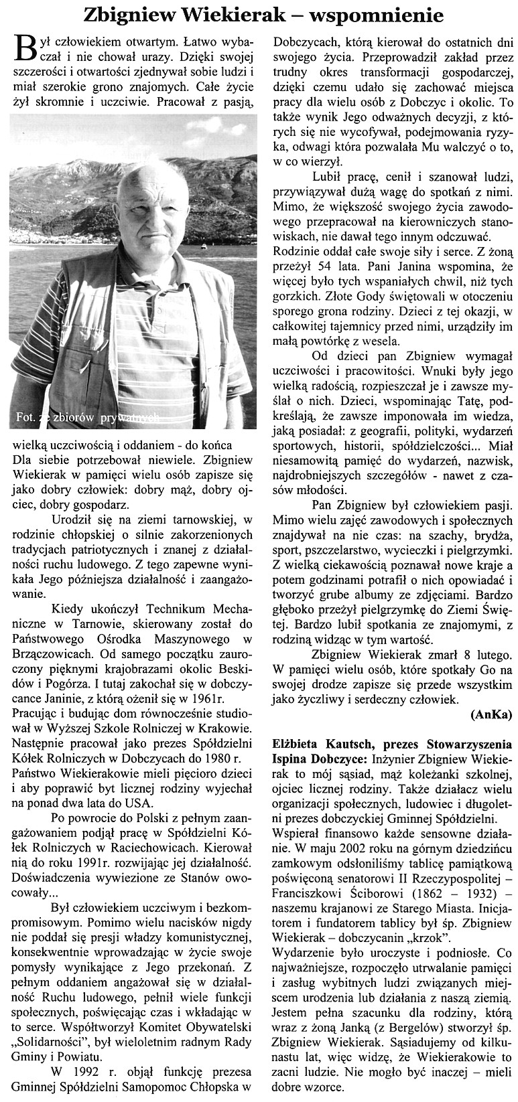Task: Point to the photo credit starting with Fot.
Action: click(x=87, y=418)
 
